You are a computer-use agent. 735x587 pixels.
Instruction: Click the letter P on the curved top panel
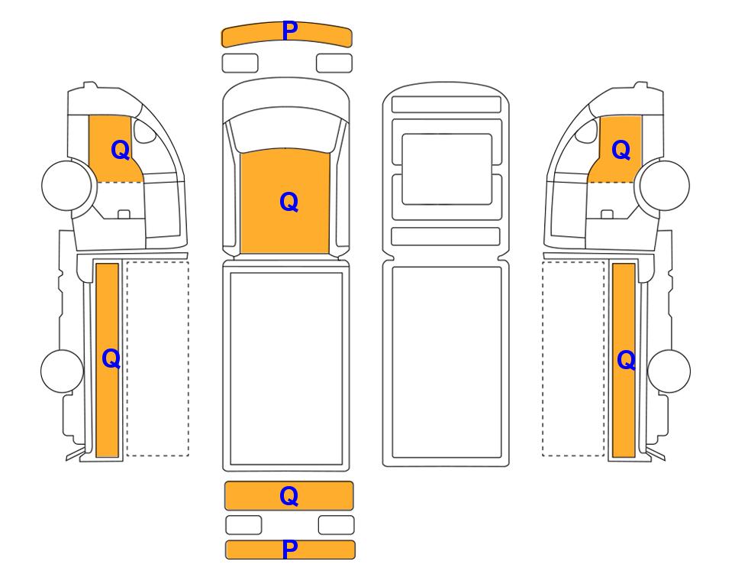290,31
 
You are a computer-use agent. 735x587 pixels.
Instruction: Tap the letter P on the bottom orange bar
290,549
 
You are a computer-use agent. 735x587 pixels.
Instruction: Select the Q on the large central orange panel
289,203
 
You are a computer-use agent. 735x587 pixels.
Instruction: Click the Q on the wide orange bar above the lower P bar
289,496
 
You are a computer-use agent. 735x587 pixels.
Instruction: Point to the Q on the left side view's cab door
121,151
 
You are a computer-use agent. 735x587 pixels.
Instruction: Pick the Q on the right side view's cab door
621,151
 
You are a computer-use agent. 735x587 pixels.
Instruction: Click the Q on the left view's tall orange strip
111,358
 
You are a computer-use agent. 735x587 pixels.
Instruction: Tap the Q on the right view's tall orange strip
627,360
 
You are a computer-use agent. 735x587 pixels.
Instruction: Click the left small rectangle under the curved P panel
240,63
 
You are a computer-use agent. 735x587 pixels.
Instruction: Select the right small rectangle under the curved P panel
334,63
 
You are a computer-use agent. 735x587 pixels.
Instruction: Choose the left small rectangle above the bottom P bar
243,525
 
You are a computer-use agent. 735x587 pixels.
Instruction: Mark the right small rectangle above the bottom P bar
336,525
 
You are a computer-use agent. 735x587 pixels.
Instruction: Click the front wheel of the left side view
66,186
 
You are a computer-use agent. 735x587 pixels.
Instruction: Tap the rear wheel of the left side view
63,371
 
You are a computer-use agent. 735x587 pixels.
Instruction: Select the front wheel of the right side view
665,186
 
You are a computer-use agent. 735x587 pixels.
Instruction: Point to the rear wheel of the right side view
669,371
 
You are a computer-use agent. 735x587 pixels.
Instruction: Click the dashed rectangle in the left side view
157,358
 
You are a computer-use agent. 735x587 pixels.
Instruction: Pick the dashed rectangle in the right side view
573,358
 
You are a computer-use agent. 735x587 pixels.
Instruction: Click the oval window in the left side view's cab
144,131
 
